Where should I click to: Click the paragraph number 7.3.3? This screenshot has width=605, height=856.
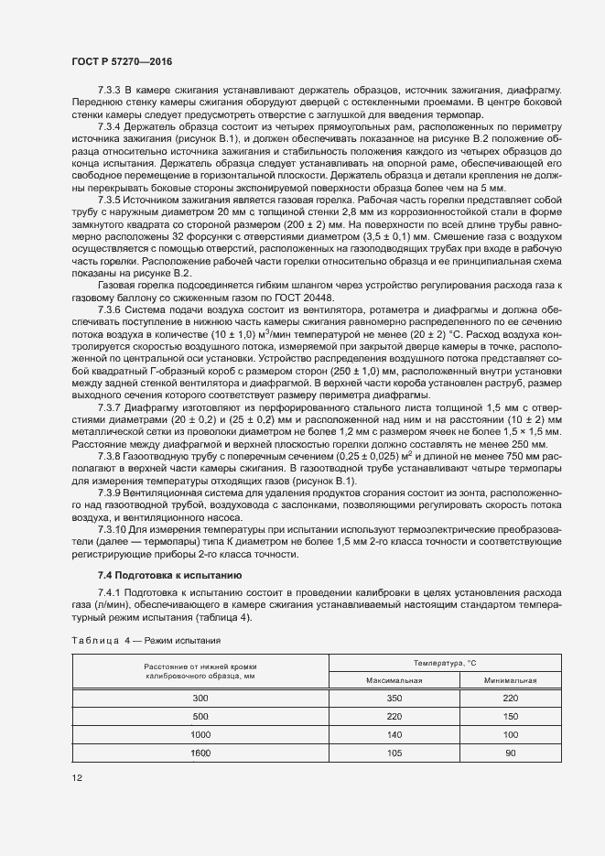pyautogui.click(x=110, y=92)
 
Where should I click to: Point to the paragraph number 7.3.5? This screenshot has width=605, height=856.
pyautogui.click(x=110, y=198)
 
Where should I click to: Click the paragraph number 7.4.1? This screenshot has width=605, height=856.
pyautogui.click(x=110, y=593)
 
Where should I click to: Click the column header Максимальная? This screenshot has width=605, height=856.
pyautogui.click(x=394, y=681)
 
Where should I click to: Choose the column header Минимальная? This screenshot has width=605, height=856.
pyautogui.click(x=510, y=681)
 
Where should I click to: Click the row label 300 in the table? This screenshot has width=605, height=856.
pyautogui.click(x=200, y=699)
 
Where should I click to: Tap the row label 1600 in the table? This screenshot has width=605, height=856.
pyautogui.click(x=200, y=753)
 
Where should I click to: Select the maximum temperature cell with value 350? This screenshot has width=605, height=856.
pyautogui.click(x=394, y=699)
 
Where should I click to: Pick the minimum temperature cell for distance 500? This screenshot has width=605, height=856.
pyautogui.click(x=510, y=717)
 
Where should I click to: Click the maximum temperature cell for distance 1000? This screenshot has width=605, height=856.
pyautogui.click(x=394, y=735)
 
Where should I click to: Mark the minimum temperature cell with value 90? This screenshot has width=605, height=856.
pyautogui.click(x=510, y=753)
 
